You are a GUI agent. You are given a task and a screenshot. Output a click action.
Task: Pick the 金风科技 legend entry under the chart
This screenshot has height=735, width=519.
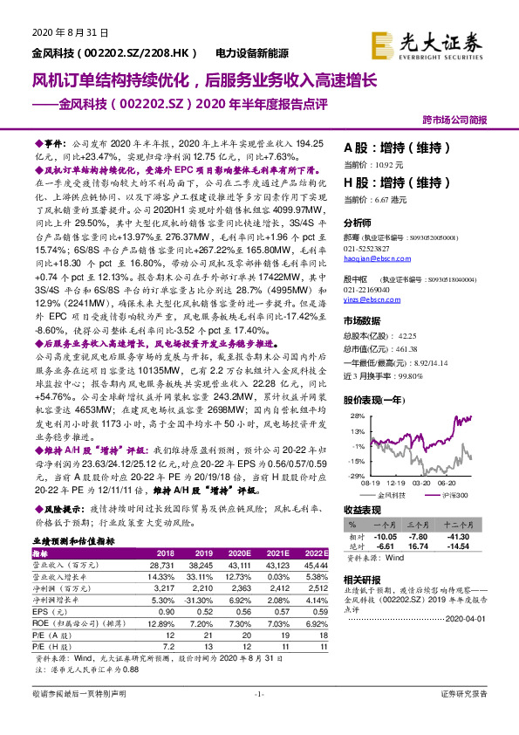click(402, 493)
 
